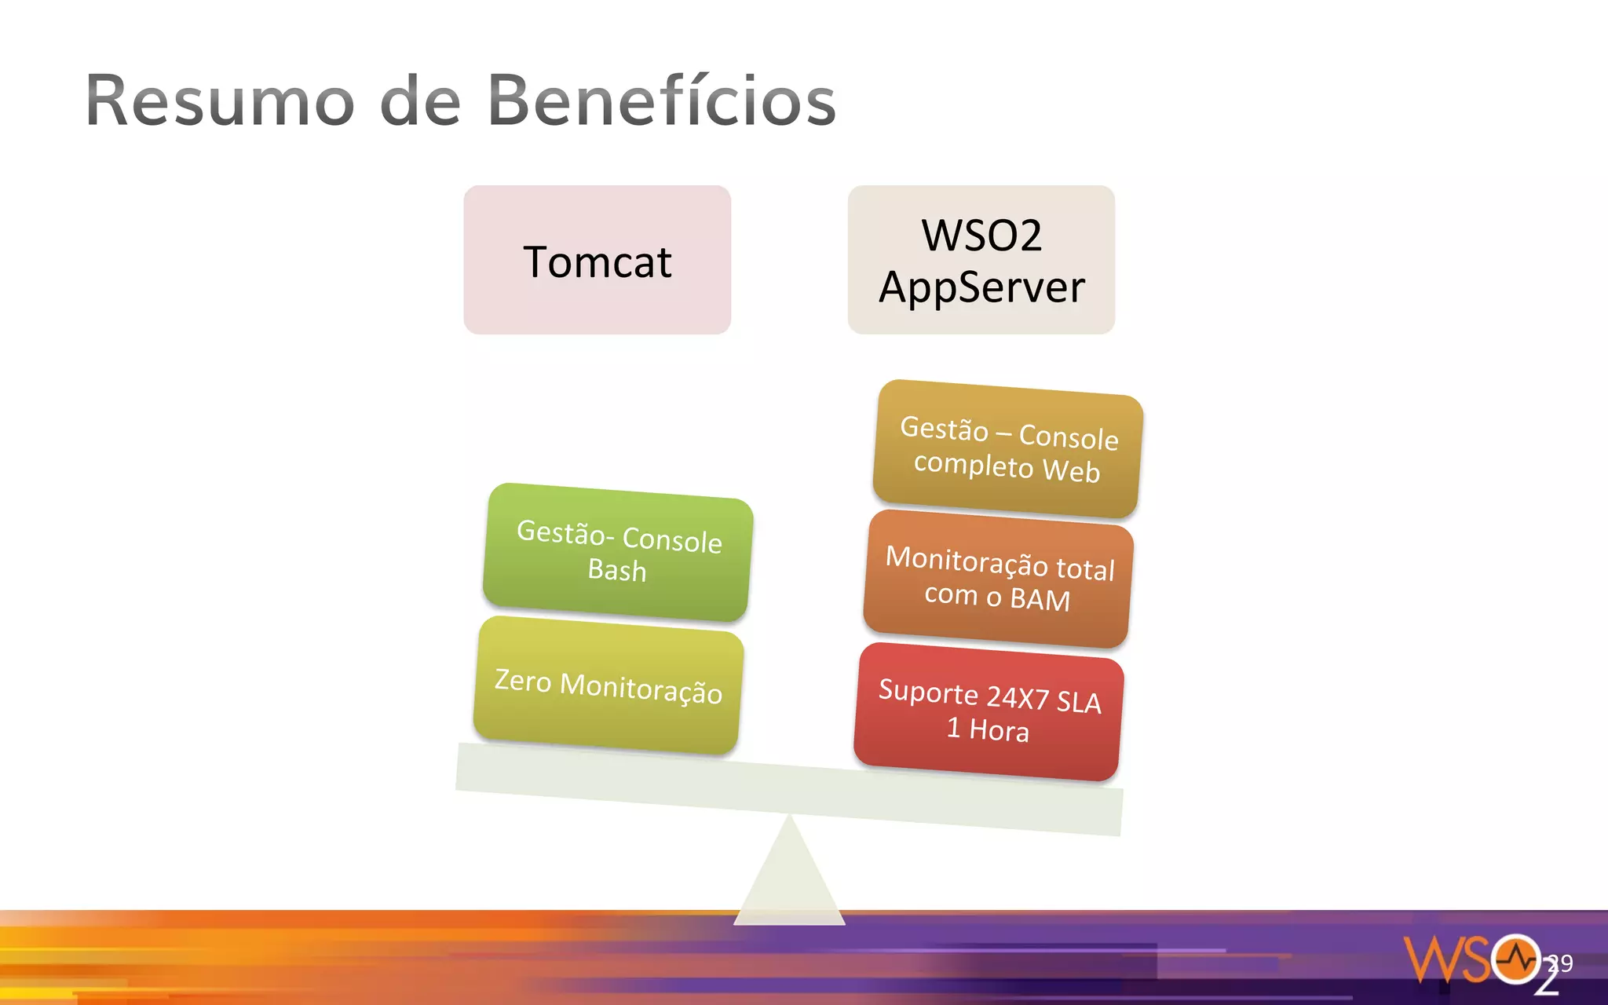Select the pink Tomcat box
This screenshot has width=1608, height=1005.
[x=597, y=260]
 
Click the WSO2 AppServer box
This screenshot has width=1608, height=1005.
[x=981, y=260]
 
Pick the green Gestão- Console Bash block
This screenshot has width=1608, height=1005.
[x=617, y=552]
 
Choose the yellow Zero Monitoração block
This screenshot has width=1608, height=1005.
[x=608, y=685]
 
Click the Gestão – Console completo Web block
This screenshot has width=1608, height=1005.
[x=1007, y=449]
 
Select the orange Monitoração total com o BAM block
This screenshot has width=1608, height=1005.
[x=998, y=579]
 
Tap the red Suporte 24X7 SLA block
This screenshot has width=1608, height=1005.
[x=989, y=711]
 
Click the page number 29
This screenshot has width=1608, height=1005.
[x=1560, y=963]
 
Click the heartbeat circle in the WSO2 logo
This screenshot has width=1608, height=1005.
[x=1516, y=959]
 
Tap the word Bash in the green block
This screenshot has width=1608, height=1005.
[x=617, y=570]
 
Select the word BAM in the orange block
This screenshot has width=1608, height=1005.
[x=1040, y=600]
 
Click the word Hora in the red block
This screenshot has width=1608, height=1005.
[x=999, y=731]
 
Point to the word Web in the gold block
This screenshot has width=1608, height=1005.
[x=1071, y=471]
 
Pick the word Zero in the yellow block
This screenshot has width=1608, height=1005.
[x=523, y=680]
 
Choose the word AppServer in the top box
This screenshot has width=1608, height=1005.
[x=981, y=287]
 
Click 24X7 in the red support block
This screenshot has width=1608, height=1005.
[x=1018, y=696]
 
